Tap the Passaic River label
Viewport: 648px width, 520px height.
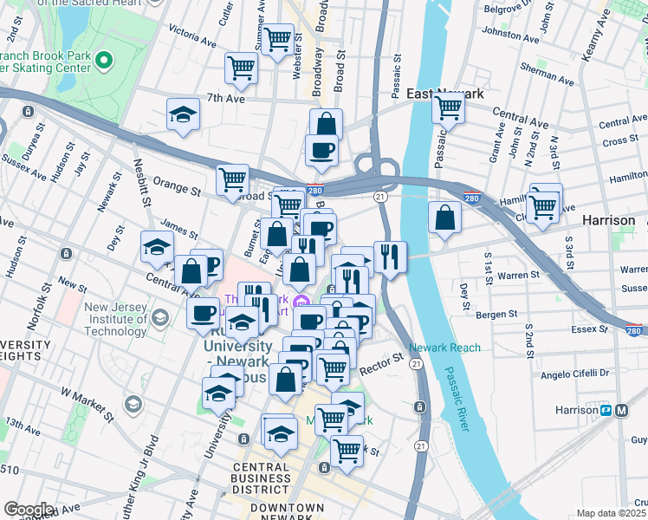458,397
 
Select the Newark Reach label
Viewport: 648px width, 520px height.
444,348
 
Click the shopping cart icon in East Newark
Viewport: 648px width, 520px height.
448,107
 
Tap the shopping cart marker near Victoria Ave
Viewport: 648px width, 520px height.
277,37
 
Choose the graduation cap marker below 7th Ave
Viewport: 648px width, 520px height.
183,115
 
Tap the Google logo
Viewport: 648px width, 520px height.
29,509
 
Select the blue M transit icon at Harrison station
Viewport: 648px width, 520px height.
621,410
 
